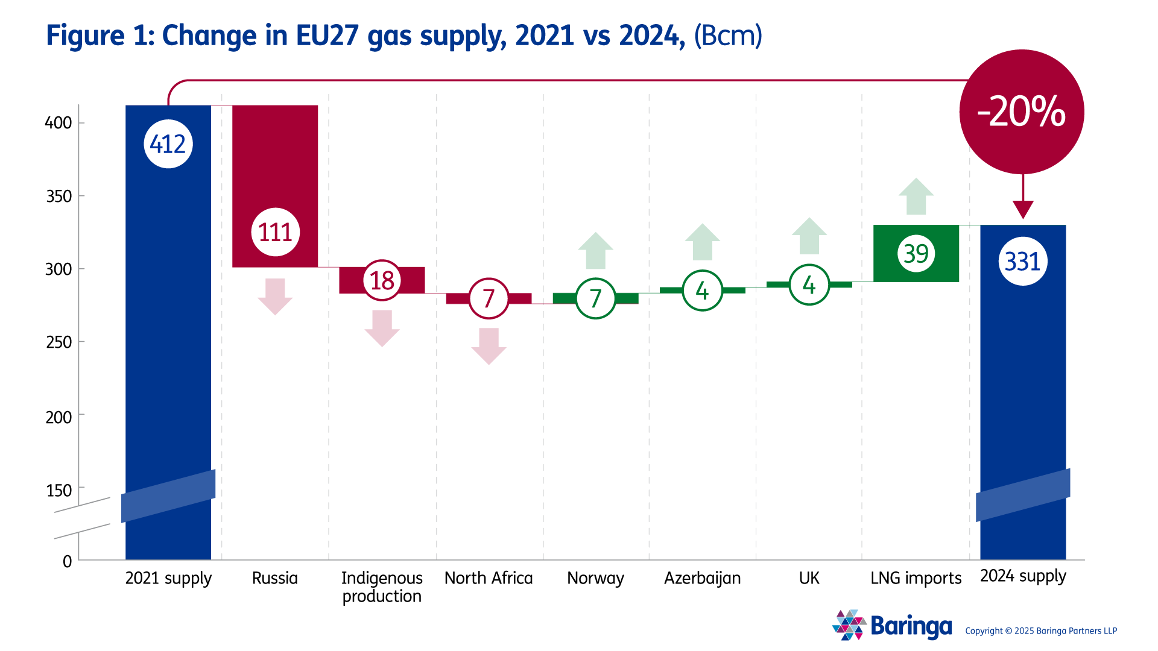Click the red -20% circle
click(1022, 112)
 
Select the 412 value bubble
click(168, 144)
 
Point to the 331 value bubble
click(1023, 262)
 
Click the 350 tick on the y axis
click(59, 197)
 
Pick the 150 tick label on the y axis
click(59, 491)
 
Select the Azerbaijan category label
click(702, 578)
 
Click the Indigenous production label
click(382, 587)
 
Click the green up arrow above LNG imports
click(916, 197)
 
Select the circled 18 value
click(382, 280)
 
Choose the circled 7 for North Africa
click(489, 298)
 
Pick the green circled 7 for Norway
click(595, 298)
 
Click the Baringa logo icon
click(849, 625)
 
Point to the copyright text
click(1041, 631)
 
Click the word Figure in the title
click(85, 36)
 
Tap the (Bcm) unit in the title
click(728, 36)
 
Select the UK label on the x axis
click(809, 578)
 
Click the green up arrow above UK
click(809, 236)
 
